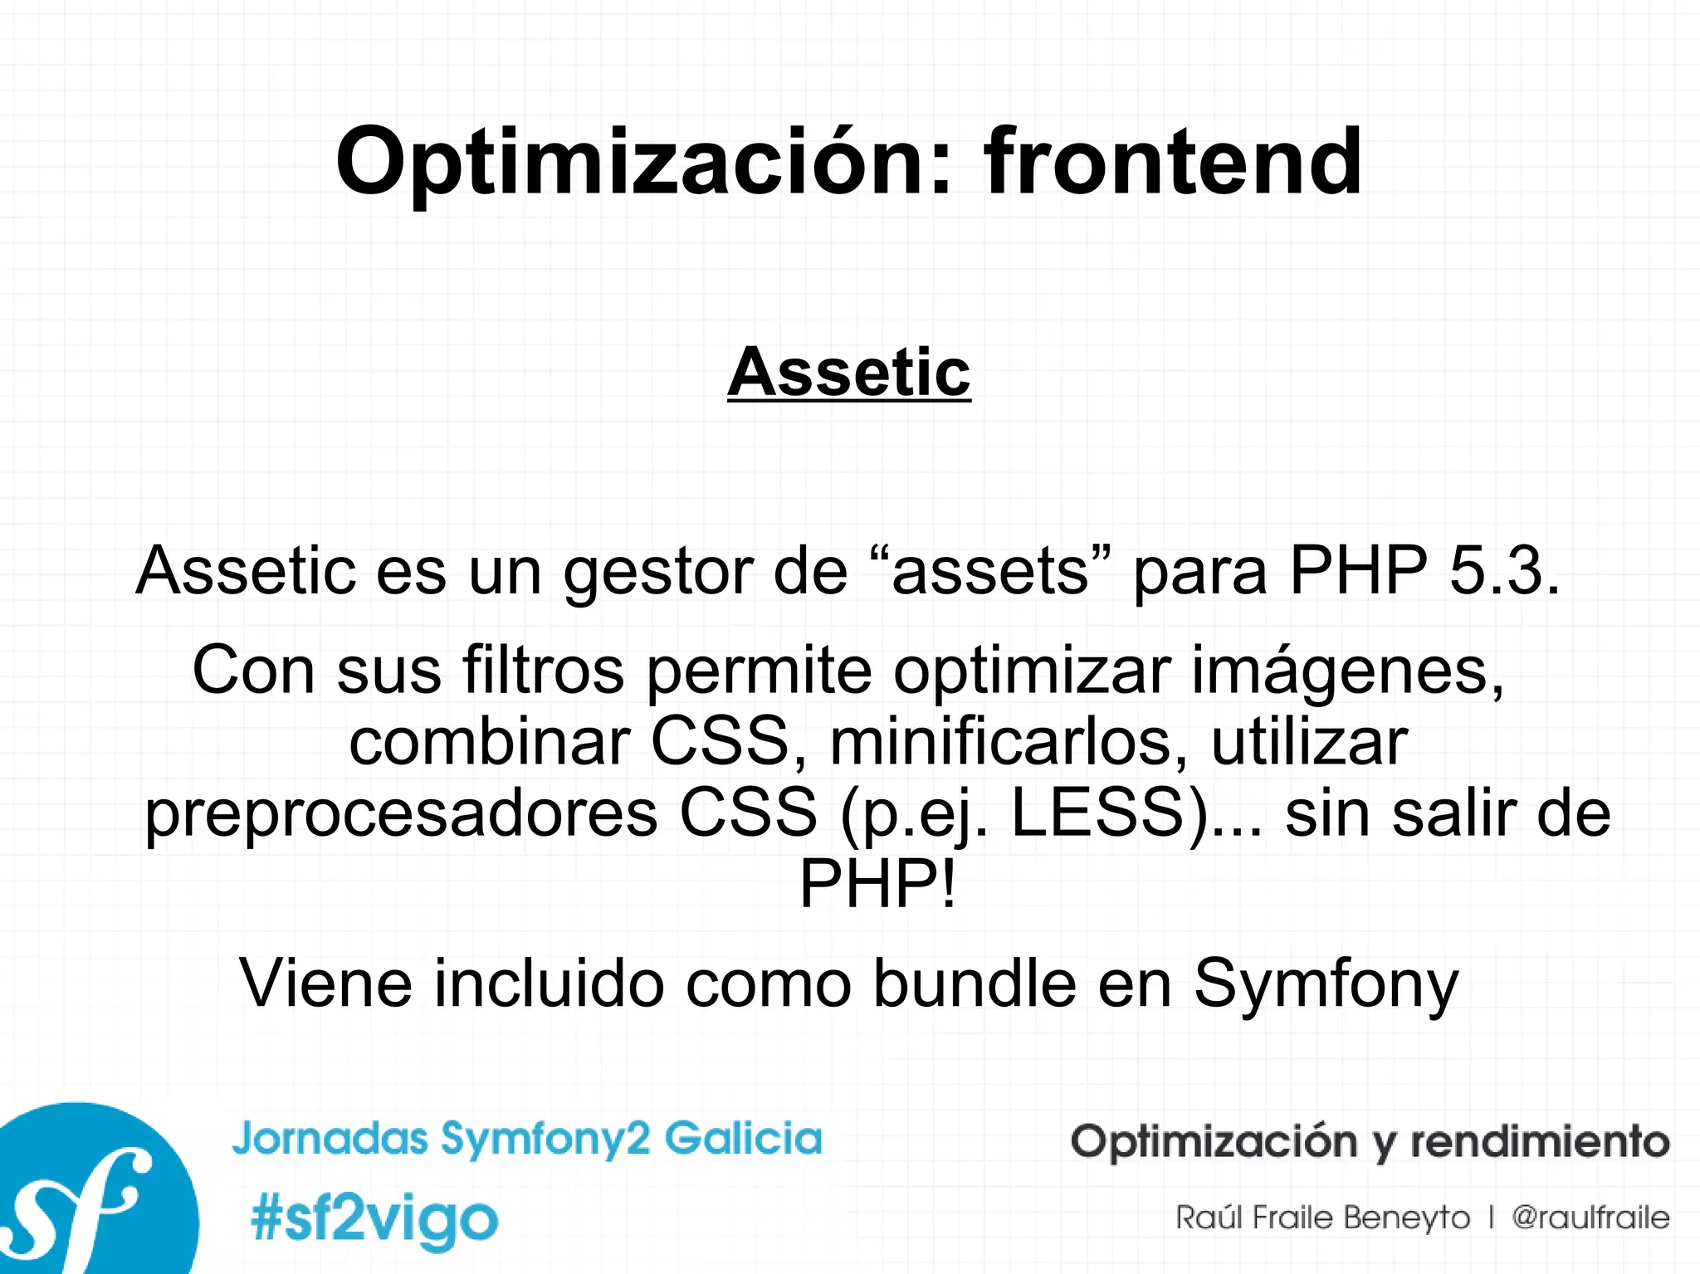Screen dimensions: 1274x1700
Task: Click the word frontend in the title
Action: [x=1172, y=162]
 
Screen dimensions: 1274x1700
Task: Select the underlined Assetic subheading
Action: [x=849, y=373]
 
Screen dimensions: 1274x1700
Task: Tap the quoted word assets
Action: [x=990, y=571]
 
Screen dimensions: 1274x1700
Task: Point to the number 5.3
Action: [x=1503, y=571]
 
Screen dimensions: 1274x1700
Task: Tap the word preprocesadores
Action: [x=401, y=814]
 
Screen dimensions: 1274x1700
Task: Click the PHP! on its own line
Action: [x=877, y=885]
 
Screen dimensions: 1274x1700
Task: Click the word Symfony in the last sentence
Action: [x=1326, y=984]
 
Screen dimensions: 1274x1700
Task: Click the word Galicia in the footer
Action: [x=743, y=1138]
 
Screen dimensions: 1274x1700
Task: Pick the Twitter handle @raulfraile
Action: [x=1590, y=1218]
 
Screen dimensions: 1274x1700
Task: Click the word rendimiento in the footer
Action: [x=1540, y=1141]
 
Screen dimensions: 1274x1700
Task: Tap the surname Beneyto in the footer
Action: [x=1406, y=1218]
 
